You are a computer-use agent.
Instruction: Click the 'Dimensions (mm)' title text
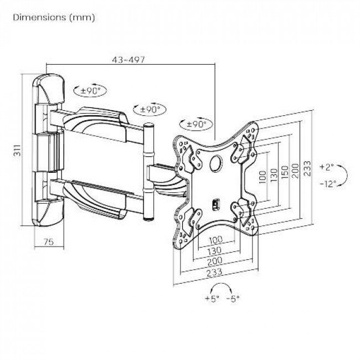(54, 18)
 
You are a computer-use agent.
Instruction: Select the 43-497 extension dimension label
(128, 60)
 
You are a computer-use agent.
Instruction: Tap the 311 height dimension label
(17, 151)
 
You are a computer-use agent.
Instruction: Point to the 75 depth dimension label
(49, 241)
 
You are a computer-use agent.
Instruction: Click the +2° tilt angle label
(326, 167)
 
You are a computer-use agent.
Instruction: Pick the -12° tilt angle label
(328, 184)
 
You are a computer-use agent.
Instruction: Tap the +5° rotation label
(212, 299)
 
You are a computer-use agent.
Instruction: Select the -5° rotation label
(233, 299)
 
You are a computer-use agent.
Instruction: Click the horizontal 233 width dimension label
(214, 272)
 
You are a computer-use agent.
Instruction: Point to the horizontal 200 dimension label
(215, 261)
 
